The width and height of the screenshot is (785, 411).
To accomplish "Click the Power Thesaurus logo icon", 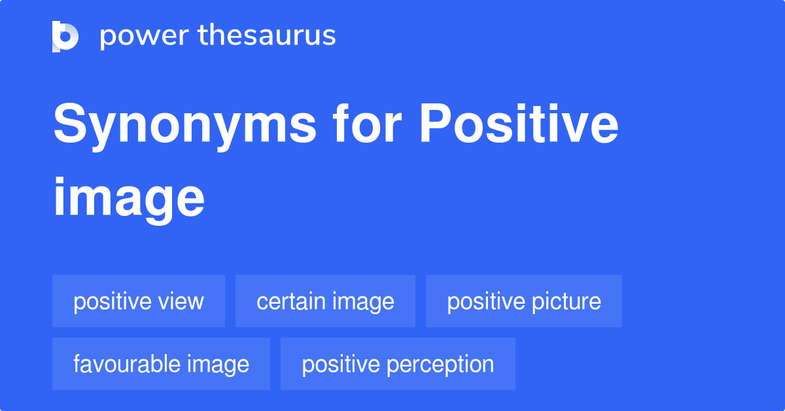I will point(65,36).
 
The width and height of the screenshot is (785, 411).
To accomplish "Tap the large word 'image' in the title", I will point(129,198).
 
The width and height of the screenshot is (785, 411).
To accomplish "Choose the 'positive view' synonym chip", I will point(139,301).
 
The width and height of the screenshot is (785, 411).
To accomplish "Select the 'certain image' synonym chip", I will point(325,301).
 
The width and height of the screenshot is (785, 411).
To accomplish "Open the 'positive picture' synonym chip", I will point(523,301).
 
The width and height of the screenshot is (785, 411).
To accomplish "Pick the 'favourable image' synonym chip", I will point(161,364).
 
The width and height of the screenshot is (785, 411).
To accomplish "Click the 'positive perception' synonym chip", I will point(398,364).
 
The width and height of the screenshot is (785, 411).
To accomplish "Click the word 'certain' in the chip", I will point(292,301).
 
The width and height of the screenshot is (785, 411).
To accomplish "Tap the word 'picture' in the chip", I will point(567,301).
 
